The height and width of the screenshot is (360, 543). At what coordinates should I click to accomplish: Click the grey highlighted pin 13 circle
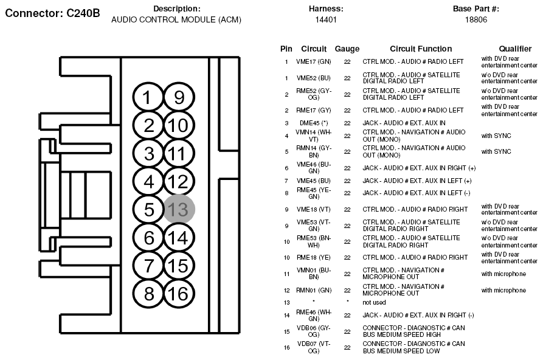pyautogui.click(x=179, y=209)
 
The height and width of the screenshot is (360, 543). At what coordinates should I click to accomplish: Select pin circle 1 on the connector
pyautogui.click(x=149, y=98)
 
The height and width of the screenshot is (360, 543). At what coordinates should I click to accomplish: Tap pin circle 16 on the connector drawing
pyautogui.click(x=179, y=294)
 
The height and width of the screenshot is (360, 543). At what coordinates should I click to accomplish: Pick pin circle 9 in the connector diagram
pyautogui.click(x=179, y=98)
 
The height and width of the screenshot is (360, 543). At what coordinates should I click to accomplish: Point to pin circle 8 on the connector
pyautogui.click(x=149, y=294)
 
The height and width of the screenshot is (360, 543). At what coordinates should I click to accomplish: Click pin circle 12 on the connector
pyautogui.click(x=179, y=181)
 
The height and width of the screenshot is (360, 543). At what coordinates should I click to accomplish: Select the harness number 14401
pyautogui.click(x=326, y=19)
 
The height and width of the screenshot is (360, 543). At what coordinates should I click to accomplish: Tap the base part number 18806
pyautogui.click(x=476, y=19)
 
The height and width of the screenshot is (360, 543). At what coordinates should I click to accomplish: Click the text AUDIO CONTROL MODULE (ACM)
pyautogui.click(x=176, y=19)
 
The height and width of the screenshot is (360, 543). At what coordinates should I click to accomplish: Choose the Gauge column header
pyautogui.click(x=347, y=49)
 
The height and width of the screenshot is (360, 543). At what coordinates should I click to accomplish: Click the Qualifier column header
pyautogui.click(x=515, y=49)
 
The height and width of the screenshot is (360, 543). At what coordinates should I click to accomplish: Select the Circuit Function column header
pyautogui.click(x=421, y=49)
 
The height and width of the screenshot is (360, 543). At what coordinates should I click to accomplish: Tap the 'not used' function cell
pyautogui.click(x=374, y=302)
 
